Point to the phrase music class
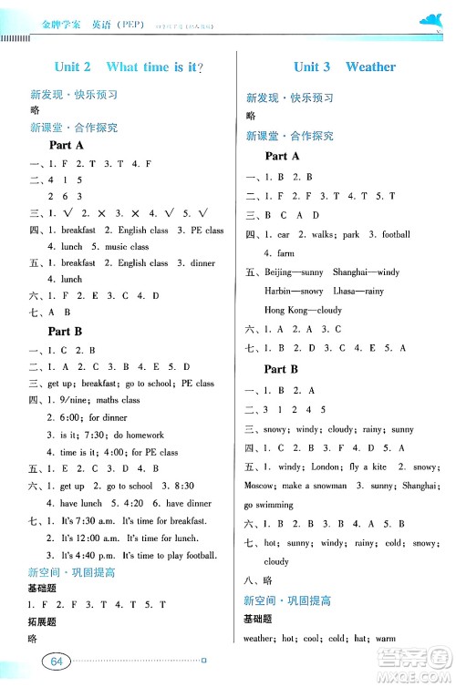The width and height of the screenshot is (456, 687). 127,246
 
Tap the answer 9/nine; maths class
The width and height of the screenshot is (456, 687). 93,399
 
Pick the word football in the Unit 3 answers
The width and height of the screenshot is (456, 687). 395,234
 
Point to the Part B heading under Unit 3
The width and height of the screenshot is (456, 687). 281,369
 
